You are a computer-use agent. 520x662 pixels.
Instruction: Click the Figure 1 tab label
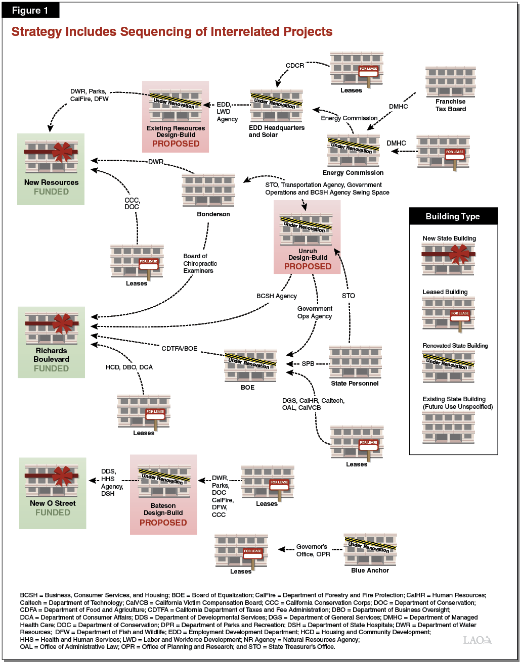(x=30, y=10)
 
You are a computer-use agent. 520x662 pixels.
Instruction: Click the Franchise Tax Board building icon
(x=450, y=81)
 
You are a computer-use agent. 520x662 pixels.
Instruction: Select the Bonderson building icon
(x=208, y=191)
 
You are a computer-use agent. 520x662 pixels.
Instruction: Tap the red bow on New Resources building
(x=63, y=152)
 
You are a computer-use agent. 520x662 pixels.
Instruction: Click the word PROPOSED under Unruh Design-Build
(x=308, y=266)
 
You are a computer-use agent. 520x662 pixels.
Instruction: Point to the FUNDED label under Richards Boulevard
(x=51, y=368)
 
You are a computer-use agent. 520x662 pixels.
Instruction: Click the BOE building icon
(x=250, y=365)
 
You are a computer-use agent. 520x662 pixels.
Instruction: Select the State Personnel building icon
(x=355, y=362)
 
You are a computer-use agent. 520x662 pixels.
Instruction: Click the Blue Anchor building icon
(x=370, y=550)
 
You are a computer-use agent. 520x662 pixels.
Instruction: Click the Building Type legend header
(x=453, y=216)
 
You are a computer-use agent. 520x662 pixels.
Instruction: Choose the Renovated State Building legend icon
(x=448, y=367)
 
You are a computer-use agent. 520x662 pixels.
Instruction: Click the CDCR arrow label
(x=295, y=66)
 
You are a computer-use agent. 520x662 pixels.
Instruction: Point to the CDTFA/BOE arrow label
(x=179, y=349)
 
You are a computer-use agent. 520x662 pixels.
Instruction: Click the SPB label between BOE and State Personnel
(x=308, y=364)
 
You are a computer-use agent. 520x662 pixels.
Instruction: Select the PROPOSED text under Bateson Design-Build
(x=163, y=523)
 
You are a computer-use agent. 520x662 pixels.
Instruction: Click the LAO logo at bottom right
(x=477, y=640)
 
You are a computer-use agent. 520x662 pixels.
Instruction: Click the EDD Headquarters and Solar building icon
(x=276, y=106)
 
